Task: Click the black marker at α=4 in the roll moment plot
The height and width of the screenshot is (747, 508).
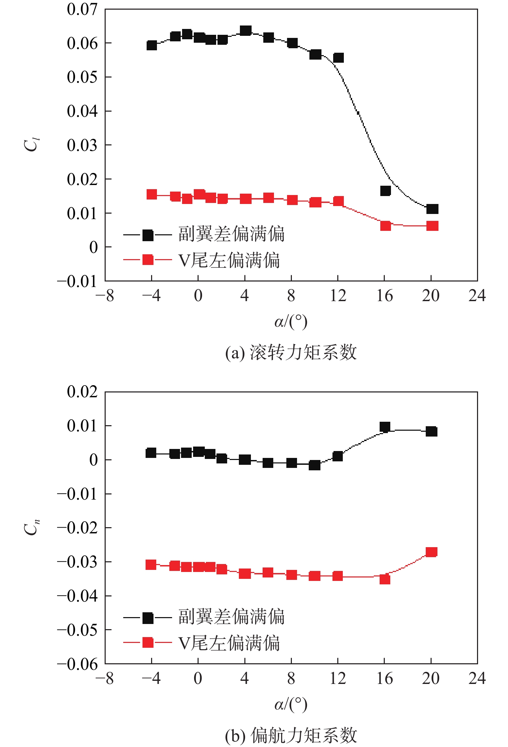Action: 245,31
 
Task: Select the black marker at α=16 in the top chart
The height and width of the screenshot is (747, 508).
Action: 385,191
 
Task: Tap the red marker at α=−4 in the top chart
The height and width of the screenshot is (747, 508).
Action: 152,194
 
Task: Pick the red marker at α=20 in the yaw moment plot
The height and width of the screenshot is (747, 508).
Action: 432,552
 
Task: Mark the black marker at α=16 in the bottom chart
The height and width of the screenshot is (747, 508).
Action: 385,427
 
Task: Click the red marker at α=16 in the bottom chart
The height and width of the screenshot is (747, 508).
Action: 385,579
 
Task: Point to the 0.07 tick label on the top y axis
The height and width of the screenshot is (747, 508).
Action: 82,10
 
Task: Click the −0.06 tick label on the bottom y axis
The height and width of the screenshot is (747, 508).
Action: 78,664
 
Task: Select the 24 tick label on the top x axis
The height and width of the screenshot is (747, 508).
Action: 477,296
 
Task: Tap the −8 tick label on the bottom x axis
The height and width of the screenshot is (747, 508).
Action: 105,678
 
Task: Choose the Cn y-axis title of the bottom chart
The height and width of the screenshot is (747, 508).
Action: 32,527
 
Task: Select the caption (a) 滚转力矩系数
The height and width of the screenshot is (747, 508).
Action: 291,352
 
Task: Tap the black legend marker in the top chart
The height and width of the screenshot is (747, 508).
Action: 148,235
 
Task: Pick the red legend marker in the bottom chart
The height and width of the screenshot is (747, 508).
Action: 148,642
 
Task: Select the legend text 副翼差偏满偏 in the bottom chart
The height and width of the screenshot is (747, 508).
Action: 231,617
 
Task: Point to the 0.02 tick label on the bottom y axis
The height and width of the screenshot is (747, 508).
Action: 82,392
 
